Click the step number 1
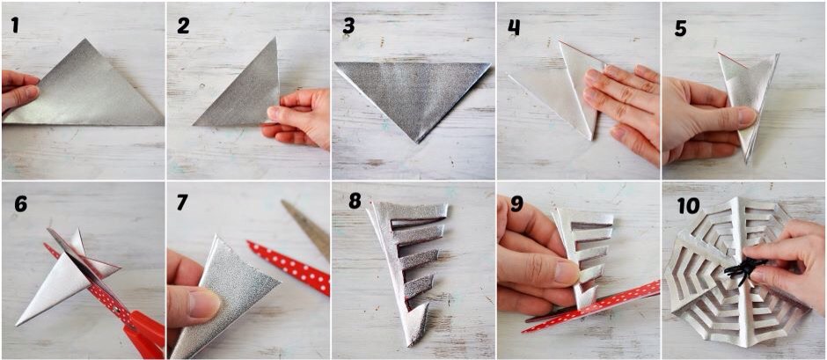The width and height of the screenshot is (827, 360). [x=15, y=25]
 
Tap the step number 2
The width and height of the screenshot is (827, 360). [x=183, y=26]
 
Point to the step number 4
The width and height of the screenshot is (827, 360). [x=514, y=27]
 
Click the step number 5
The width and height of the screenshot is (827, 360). [x=680, y=28]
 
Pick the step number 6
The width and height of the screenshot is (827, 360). [x=20, y=203]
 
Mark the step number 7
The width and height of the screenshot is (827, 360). [x=182, y=202]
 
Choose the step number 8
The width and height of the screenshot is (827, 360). [x=355, y=201]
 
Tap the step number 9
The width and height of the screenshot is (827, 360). [x=517, y=203]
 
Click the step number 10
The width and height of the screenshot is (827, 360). [x=688, y=206]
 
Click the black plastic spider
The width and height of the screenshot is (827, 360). [x=742, y=268]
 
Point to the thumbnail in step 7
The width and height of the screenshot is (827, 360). [x=203, y=304]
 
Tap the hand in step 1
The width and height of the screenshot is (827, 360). [x=19, y=89]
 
